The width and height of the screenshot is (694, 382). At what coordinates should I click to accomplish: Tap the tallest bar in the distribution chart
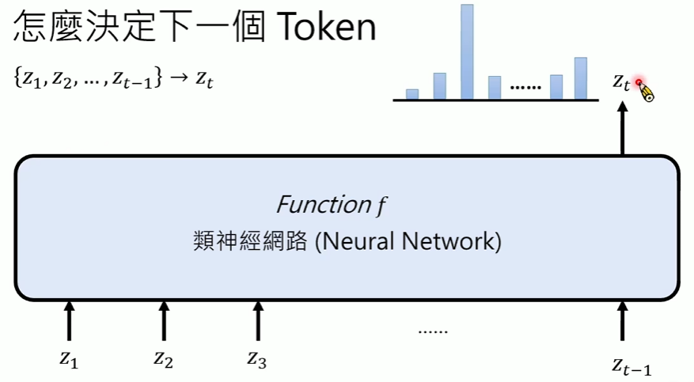point(467,52)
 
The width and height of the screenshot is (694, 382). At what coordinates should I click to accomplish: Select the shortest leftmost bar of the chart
point(411,94)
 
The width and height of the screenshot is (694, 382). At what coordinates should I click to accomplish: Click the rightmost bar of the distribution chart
point(580,78)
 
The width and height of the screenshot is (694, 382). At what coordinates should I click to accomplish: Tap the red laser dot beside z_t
point(639,82)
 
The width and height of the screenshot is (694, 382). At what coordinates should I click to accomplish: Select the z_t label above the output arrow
point(621,81)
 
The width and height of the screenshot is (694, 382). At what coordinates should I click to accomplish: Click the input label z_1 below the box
point(70,358)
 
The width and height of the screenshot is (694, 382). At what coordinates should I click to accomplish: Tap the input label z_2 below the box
point(163,358)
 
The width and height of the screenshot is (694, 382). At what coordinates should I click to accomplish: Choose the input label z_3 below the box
point(256,358)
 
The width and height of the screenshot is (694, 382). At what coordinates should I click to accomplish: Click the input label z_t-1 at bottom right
point(631,365)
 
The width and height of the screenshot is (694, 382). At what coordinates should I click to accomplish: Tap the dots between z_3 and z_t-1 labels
point(433,331)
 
